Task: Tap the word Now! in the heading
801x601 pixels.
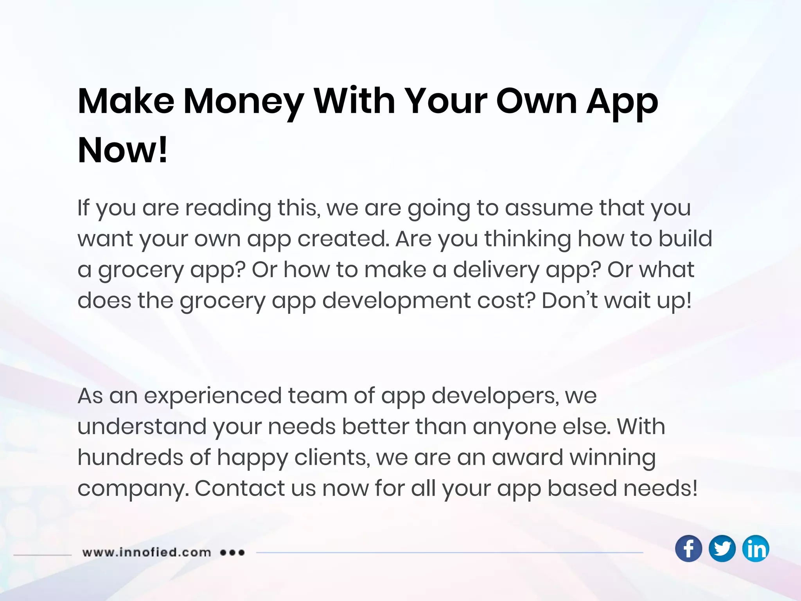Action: (x=123, y=150)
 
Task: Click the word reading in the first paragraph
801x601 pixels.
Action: (x=228, y=208)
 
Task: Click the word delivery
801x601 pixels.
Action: (x=496, y=270)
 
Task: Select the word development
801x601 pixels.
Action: (x=396, y=301)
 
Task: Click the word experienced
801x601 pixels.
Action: (x=213, y=396)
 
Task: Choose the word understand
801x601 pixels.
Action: (x=142, y=427)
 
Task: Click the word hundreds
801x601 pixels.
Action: (x=130, y=458)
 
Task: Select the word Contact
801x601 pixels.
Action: (x=240, y=489)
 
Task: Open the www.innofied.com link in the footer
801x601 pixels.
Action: (x=147, y=552)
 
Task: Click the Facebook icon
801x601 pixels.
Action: (x=688, y=549)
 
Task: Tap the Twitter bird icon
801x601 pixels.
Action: (x=722, y=549)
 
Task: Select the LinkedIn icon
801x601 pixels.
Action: (x=756, y=549)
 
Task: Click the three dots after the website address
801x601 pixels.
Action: (x=232, y=552)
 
